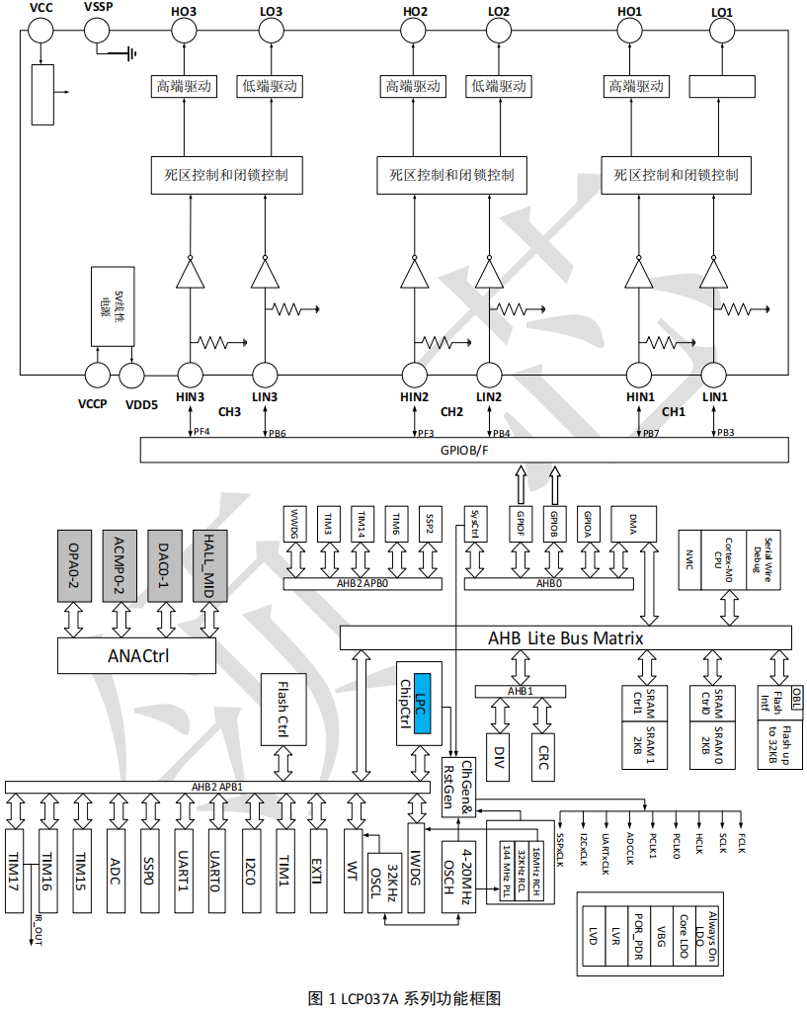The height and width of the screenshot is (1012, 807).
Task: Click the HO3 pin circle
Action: click(x=185, y=31)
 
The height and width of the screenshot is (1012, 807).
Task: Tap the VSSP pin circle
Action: click(x=99, y=31)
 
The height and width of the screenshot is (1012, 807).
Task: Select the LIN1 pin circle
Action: click(x=715, y=376)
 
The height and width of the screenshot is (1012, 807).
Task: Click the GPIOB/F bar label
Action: click(x=465, y=450)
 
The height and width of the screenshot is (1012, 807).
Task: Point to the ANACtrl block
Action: click(x=137, y=653)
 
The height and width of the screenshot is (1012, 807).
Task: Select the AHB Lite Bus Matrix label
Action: click(x=566, y=638)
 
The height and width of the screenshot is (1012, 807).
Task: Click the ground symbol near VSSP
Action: click(x=128, y=53)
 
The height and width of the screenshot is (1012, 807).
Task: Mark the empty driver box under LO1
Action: click(x=727, y=87)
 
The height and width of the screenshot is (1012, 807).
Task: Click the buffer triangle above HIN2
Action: click(x=414, y=272)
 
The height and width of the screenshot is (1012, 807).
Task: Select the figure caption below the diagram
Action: click(x=405, y=997)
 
